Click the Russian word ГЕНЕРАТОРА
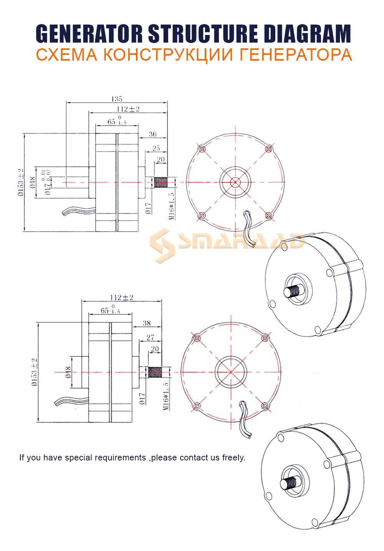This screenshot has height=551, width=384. point(296,54)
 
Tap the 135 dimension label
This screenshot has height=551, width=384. point(117,99)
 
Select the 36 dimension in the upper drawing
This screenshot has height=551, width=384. point(152,134)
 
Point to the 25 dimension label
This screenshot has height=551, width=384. point(156,148)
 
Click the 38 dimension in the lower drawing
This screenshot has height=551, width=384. point(147,323)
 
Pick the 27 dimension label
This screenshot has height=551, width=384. point(150,337)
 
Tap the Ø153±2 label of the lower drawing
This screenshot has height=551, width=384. point(35,372)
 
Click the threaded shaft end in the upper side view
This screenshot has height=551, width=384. point(161,182)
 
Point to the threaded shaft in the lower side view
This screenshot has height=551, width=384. point(155,372)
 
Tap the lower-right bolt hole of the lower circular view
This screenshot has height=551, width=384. point(265,406)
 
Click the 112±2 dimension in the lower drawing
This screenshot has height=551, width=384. point(121,297)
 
